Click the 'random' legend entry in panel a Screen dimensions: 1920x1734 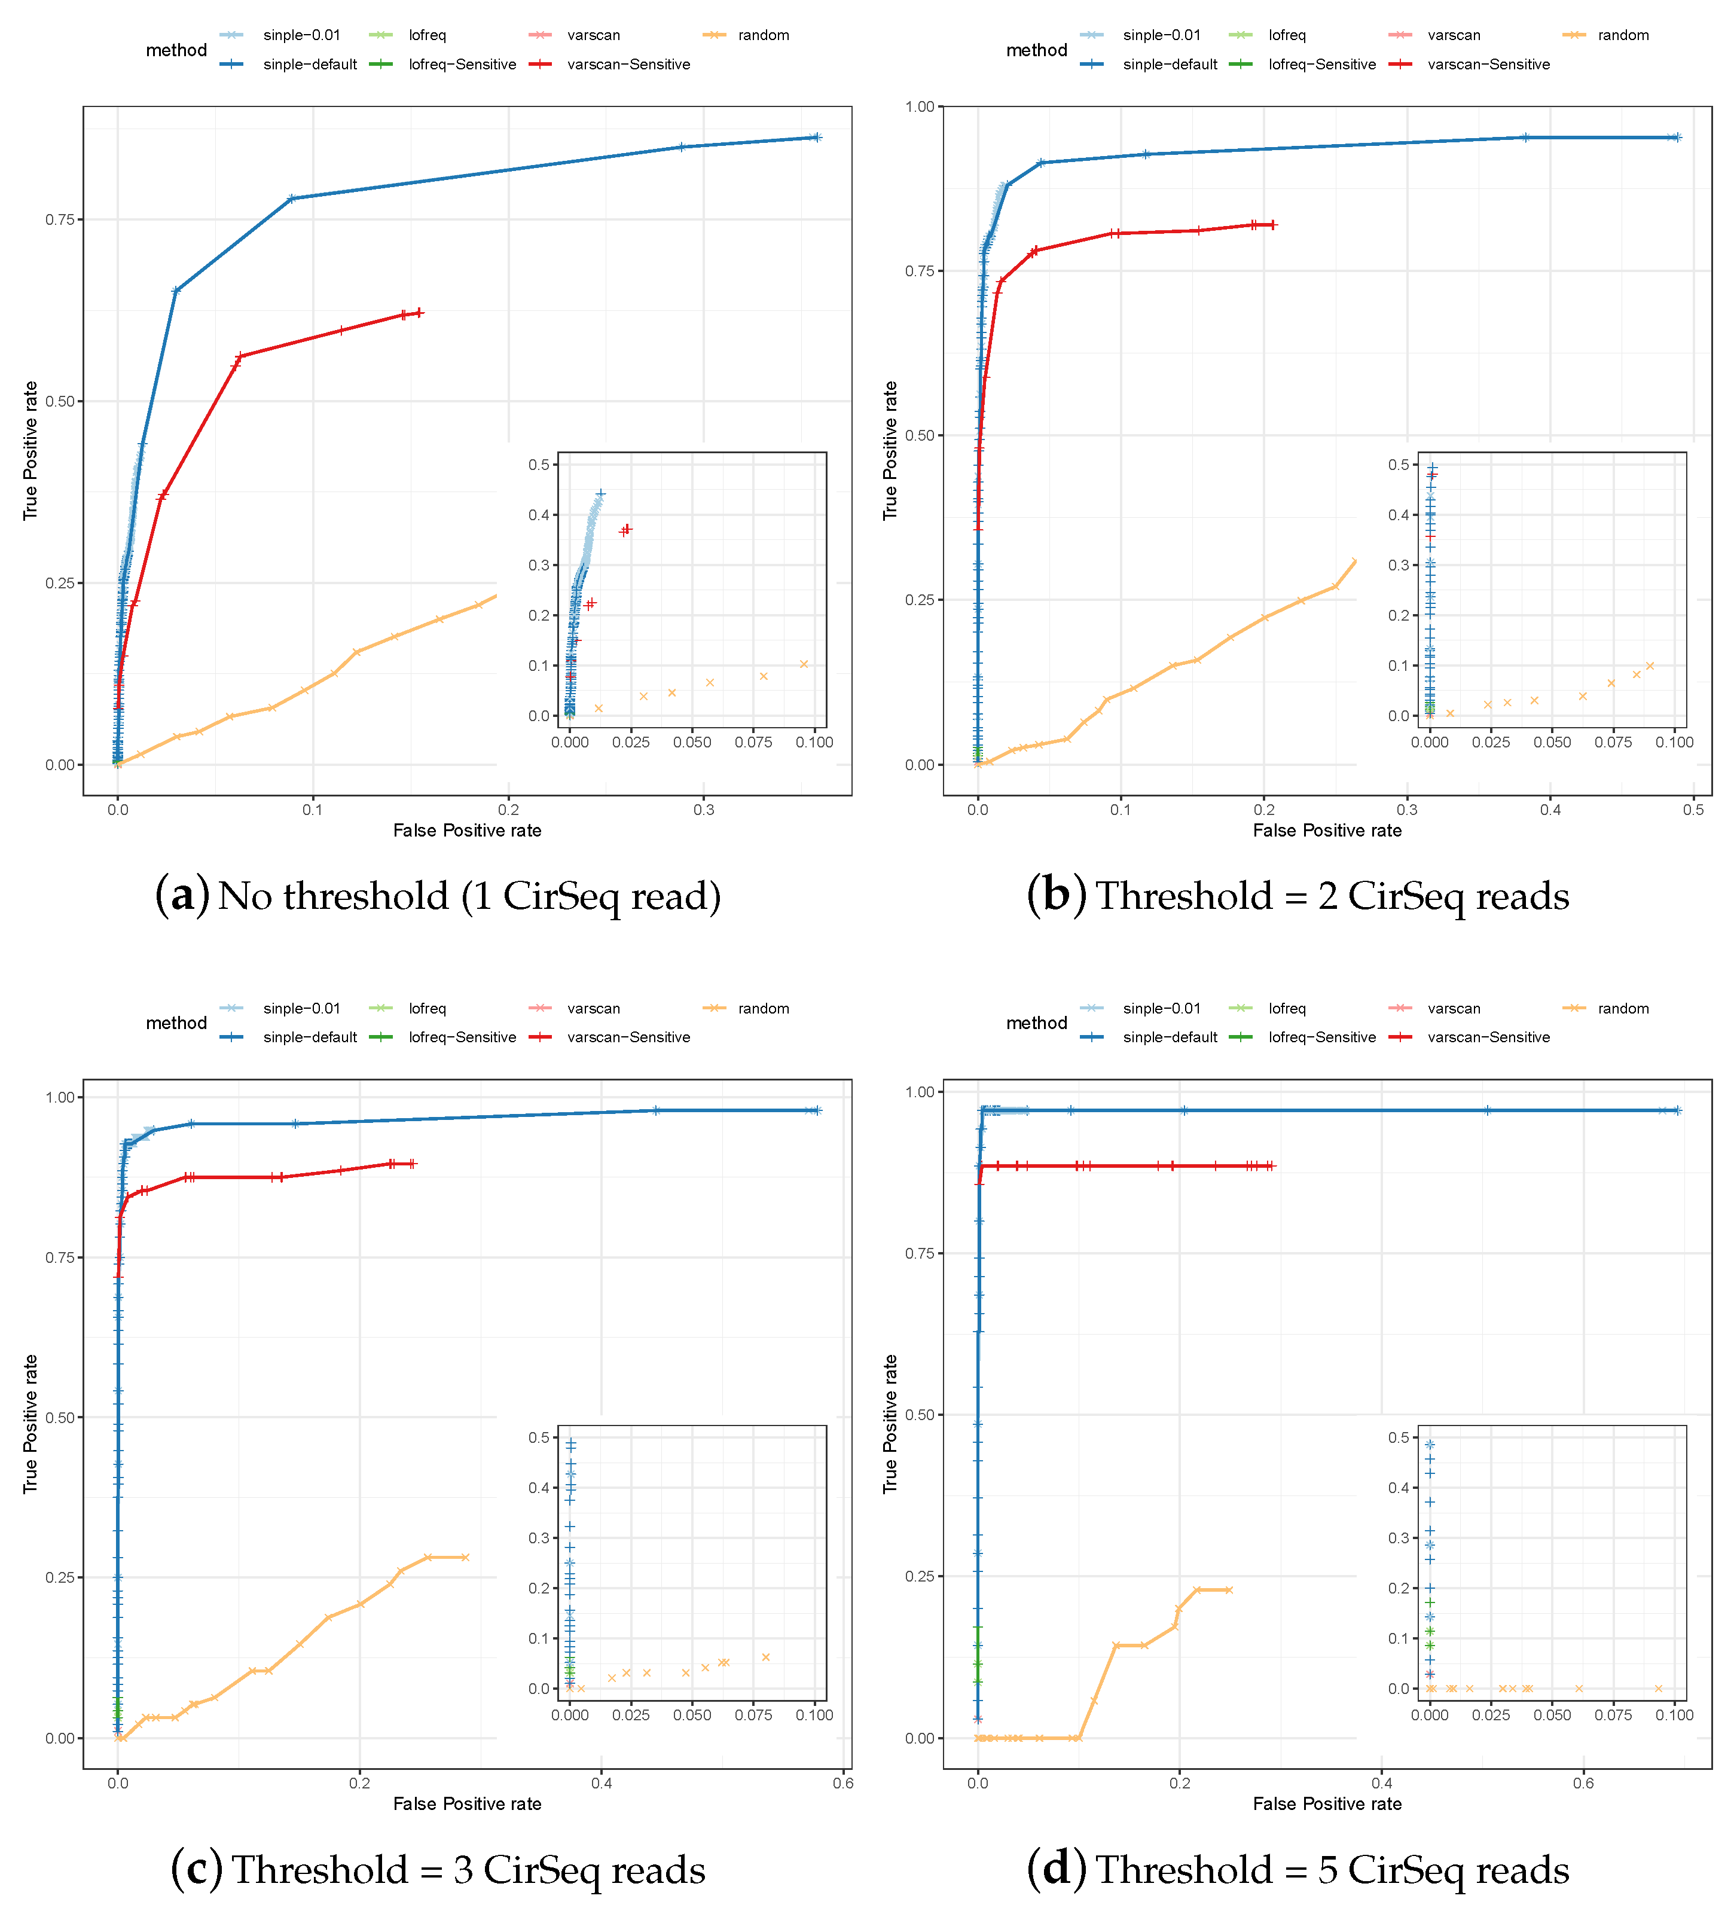tap(763, 35)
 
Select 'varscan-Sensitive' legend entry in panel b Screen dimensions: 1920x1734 tap(1488, 64)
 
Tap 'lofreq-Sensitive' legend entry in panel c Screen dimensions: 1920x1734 tap(462, 1037)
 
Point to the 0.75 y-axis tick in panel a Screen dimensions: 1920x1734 tap(60, 219)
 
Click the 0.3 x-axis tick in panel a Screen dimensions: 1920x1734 tap(704, 810)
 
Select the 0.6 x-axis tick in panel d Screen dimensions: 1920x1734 tap(1583, 1783)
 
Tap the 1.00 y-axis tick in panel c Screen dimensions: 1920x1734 tap(60, 1097)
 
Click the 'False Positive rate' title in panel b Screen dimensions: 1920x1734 tap(1326, 831)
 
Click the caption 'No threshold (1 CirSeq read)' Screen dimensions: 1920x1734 tap(469, 896)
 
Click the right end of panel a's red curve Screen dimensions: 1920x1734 tap(420, 312)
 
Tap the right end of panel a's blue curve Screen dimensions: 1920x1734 tap(817, 137)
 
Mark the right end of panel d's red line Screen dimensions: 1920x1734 tap(1271, 1166)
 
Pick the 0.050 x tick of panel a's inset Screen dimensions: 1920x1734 tap(692, 742)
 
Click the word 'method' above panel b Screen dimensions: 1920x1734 tap(1036, 50)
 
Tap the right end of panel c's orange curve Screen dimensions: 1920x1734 tap(466, 1557)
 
